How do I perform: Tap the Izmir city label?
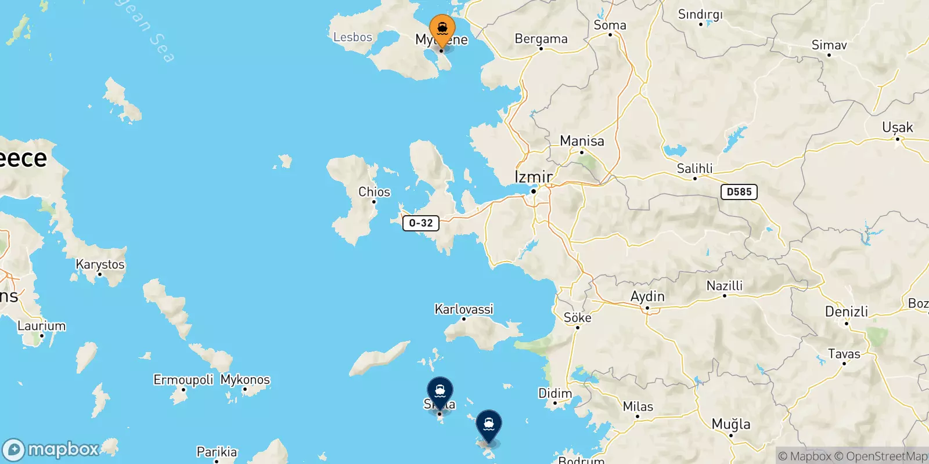pyautogui.click(x=534, y=176)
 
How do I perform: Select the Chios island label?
pyautogui.click(x=374, y=192)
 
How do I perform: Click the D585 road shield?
pyautogui.click(x=739, y=192)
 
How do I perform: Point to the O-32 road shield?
pyautogui.click(x=420, y=223)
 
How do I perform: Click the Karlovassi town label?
pyautogui.click(x=464, y=309)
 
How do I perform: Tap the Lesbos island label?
pyautogui.click(x=352, y=37)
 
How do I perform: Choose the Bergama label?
pyautogui.click(x=541, y=39)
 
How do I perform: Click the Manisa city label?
pyautogui.click(x=582, y=141)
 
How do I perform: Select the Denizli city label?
pyautogui.click(x=846, y=311)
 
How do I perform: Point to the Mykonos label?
pyautogui.click(x=245, y=380)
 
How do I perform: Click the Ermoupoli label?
pyautogui.click(x=183, y=380)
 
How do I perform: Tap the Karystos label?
pyautogui.click(x=100, y=264)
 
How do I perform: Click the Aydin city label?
pyautogui.click(x=647, y=296)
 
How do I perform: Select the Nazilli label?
pyautogui.click(x=724, y=285)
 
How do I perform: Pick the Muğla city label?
pyautogui.click(x=730, y=424)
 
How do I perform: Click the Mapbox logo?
pyautogui.click(x=51, y=449)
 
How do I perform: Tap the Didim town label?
pyautogui.click(x=555, y=393)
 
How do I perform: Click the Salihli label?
pyautogui.click(x=694, y=169)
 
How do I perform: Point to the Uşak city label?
pyautogui.click(x=897, y=128)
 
